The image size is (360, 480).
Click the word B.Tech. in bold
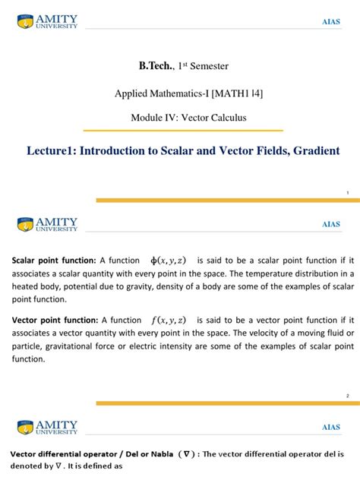(x=155, y=68)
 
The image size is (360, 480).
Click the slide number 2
(x=347, y=396)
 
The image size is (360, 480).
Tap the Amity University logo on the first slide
(x=47, y=21)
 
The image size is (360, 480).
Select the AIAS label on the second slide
(x=331, y=225)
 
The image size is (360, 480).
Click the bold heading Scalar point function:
(x=53, y=260)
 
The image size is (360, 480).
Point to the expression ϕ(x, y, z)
(x=169, y=260)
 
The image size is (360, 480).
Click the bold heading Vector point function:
(x=53, y=321)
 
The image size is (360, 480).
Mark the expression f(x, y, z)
(x=169, y=321)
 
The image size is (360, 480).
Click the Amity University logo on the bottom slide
(x=47, y=427)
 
